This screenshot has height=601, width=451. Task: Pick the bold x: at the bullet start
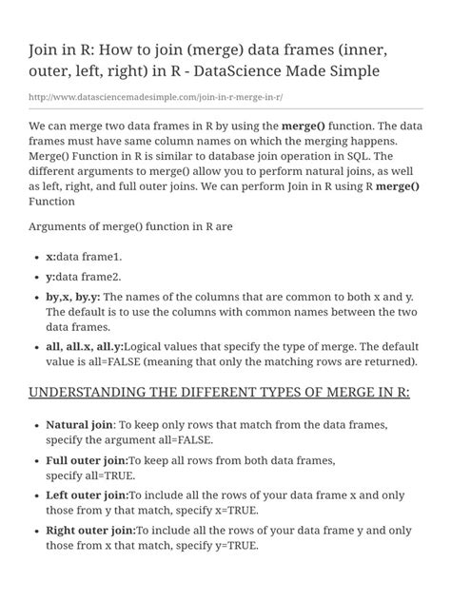tap(51, 257)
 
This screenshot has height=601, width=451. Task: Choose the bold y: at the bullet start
tap(51, 277)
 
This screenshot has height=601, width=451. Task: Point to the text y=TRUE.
tap(231, 546)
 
